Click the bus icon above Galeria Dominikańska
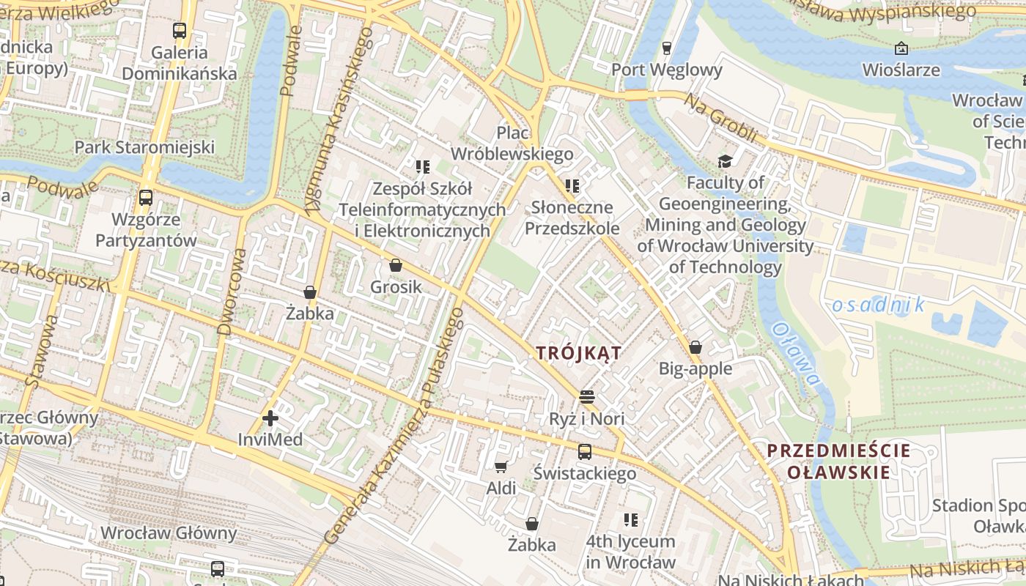pos(180,31)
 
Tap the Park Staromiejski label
pos(145,147)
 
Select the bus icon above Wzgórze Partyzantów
pos(146,198)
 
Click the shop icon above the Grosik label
pos(396,265)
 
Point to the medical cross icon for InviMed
pos(270,418)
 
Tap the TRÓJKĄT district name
pos(578,353)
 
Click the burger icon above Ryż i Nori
pos(586,397)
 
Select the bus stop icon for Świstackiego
pos(584,452)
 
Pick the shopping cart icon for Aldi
pos(501,467)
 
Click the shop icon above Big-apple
pos(695,347)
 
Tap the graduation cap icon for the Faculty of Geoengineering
pos(725,161)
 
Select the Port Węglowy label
pos(666,70)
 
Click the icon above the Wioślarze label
pos(901,49)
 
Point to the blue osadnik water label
pos(878,305)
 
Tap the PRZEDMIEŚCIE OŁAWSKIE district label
pos(838,461)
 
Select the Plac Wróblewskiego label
pos(512,143)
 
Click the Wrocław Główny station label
pos(169,533)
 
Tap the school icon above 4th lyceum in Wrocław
pos(630,520)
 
